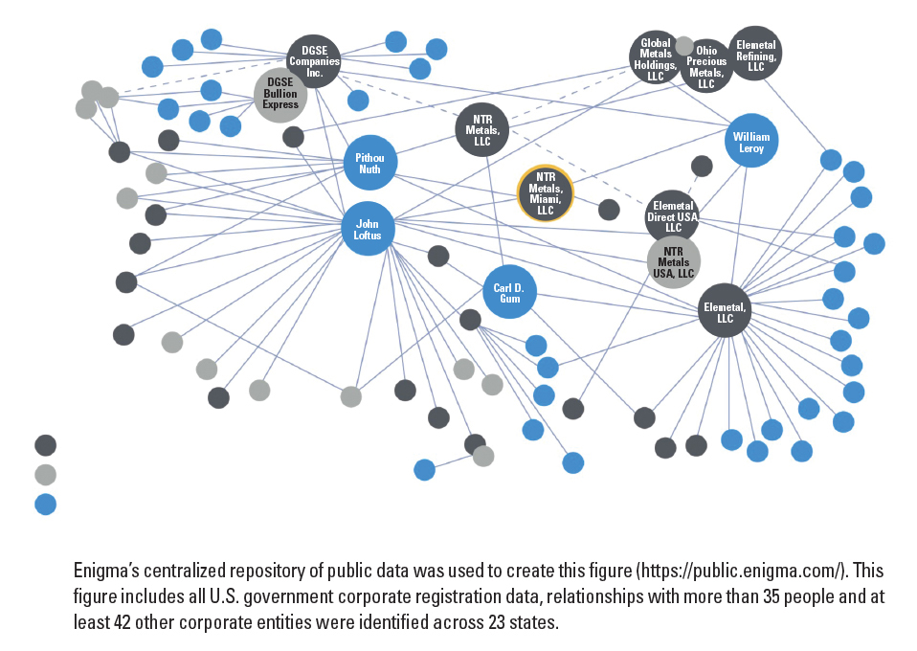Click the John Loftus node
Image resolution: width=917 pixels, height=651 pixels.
point(368,229)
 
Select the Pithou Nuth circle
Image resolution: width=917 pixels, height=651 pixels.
point(369,163)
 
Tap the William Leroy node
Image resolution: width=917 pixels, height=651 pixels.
point(751,141)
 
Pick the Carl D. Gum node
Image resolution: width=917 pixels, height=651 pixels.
point(509,292)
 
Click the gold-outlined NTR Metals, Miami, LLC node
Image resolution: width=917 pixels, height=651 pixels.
point(546,193)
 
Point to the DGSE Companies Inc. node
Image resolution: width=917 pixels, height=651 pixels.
point(314,61)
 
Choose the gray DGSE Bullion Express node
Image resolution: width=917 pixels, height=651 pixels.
point(280,96)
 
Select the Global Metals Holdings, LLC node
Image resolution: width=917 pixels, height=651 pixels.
point(655,57)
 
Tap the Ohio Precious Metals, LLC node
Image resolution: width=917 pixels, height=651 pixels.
point(706,66)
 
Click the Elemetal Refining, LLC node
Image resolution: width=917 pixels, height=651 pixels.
point(755,54)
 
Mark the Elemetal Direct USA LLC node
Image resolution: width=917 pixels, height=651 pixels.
point(673,215)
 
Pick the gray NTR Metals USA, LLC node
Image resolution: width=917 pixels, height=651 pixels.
point(674,262)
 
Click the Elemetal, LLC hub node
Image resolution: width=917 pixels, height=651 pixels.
point(726,310)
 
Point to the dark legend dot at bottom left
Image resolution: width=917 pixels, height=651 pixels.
point(46,445)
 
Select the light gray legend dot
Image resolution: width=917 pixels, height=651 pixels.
point(46,474)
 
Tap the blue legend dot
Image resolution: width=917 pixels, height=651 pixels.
point(46,505)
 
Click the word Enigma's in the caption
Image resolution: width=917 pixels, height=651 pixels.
point(106,571)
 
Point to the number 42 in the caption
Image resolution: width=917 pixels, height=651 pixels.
point(123,621)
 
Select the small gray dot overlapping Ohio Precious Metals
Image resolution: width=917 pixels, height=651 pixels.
point(684,46)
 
